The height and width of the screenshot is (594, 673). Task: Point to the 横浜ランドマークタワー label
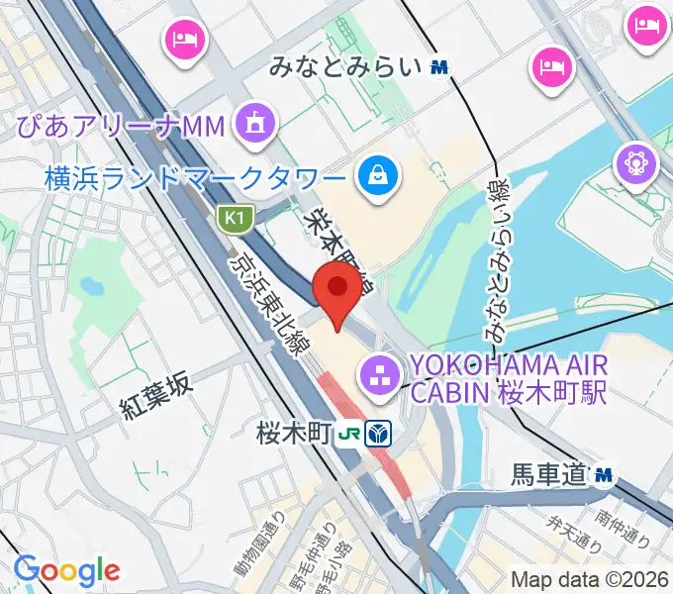click(x=196, y=178)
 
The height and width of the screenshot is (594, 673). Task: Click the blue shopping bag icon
click(x=379, y=177)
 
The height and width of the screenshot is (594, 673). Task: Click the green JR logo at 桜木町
click(x=348, y=433)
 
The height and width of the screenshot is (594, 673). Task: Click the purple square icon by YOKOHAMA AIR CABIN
click(x=377, y=375)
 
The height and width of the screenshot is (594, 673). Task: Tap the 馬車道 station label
click(x=549, y=476)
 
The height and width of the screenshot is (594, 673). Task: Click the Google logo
click(x=66, y=570)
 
